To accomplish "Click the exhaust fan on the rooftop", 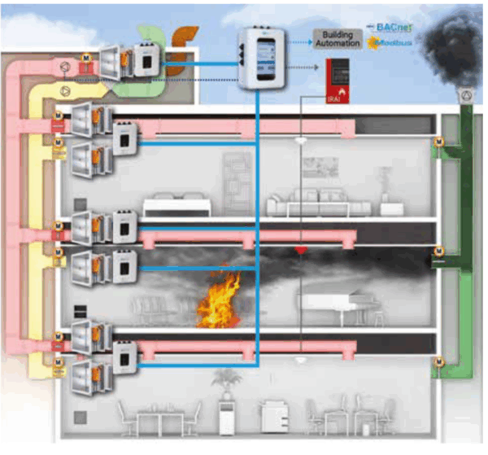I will (466, 95).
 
